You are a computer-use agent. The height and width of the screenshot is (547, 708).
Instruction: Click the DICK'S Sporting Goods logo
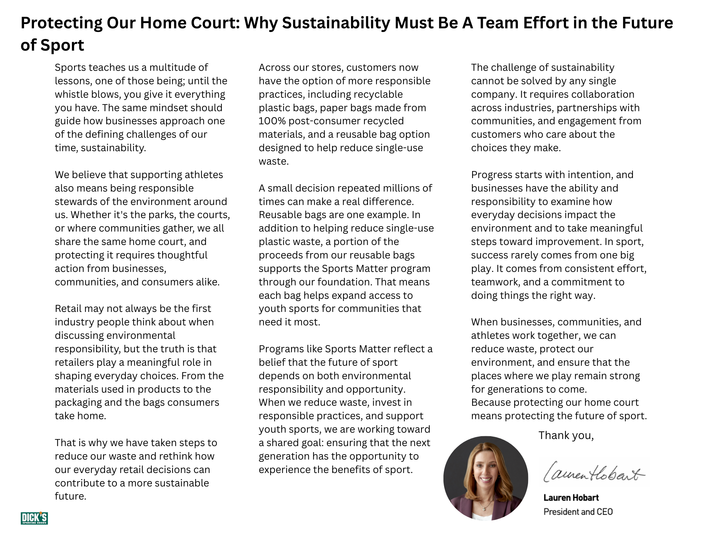(x=34, y=518)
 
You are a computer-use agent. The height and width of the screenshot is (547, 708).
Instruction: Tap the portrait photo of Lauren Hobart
(x=486, y=478)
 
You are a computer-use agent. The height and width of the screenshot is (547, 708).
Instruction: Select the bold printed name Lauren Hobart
(x=571, y=498)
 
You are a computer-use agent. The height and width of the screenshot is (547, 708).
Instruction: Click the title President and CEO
(x=578, y=512)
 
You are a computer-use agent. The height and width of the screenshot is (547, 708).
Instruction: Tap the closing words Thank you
(x=566, y=435)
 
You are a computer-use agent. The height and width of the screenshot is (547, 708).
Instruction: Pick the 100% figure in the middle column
(x=272, y=121)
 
